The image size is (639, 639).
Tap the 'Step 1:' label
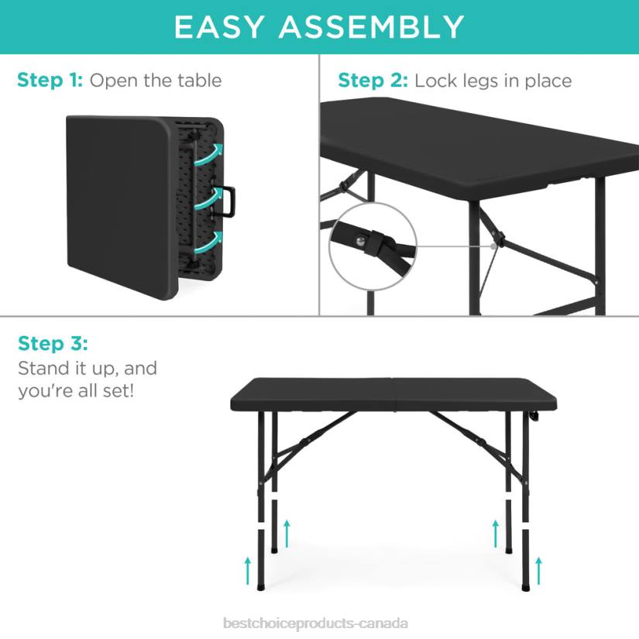click(x=51, y=81)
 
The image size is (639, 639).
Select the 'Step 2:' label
click(x=373, y=81)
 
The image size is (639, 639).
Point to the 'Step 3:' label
click(x=53, y=343)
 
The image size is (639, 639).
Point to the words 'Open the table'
click(x=156, y=81)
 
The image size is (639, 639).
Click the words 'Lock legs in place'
click(x=493, y=81)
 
